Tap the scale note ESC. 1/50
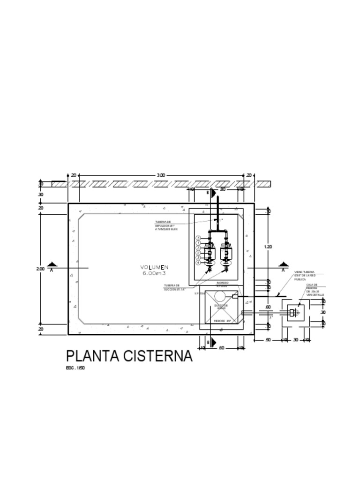pyautogui.click(x=75, y=368)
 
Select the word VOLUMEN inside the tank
pyautogui.click(x=154, y=267)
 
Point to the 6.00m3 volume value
pyautogui.click(x=154, y=273)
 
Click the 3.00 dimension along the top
pyautogui.click(x=161, y=175)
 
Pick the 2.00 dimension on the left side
pyautogui.click(x=40, y=269)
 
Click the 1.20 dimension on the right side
pyautogui.click(x=268, y=246)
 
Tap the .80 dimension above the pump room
pyautogui.click(x=223, y=189)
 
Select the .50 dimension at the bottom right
pyautogui.click(x=268, y=339)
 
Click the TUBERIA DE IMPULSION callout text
pyautogui.click(x=166, y=225)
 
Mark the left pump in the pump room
pyautogui.click(x=210, y=253)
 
